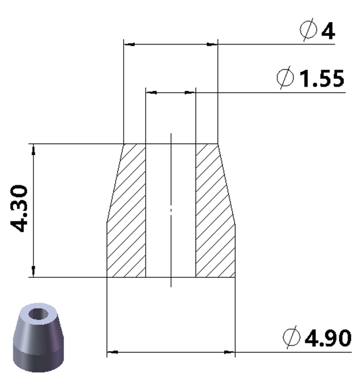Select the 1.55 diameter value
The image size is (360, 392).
coord(322,79)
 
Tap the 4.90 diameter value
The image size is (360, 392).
coord(328,338)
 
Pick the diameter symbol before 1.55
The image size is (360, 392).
coord(285,78)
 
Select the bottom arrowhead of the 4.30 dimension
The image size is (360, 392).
coord(33,272)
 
